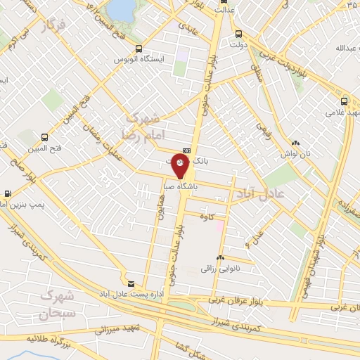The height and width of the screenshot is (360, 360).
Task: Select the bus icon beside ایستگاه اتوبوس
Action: click(139, 49)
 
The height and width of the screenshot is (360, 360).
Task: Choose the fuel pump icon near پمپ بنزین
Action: click(8, 193)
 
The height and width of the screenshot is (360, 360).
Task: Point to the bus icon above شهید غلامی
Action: click(345, 99)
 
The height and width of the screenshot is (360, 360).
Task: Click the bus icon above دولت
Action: click(239, 32)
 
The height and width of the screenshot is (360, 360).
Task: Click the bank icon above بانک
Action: click(186, 150)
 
